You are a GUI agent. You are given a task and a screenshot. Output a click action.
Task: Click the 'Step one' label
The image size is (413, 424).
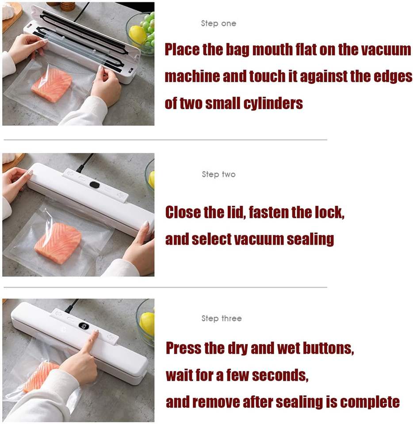click(x=218, y=23)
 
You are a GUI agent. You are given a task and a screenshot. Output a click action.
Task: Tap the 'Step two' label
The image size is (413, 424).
click(x=218, y=174)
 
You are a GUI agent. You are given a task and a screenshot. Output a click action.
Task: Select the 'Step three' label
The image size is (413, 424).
click(x=222, y=318)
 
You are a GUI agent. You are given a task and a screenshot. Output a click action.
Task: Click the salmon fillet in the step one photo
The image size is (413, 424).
click(x=52, y=84)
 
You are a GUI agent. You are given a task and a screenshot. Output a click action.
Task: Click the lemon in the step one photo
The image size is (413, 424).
click(x=137, y=35)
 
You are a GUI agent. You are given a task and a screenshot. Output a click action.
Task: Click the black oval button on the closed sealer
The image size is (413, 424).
click(x=94, y=185)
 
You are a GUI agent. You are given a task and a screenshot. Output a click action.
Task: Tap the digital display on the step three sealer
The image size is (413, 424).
click(x=84, y=326)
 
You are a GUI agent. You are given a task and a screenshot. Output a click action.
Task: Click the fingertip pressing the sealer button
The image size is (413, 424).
click(x=96, y=332)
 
